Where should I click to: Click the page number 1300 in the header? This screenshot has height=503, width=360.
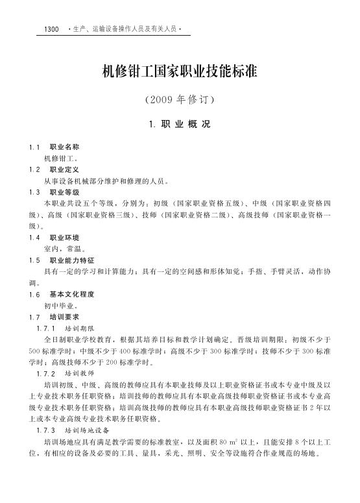(x=51, y=30)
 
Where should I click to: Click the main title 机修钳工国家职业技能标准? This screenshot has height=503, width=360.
(x=180, y=71)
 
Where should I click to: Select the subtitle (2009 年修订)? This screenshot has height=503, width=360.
(x=180, y=101)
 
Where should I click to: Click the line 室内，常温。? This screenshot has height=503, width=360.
(x=63, y=249)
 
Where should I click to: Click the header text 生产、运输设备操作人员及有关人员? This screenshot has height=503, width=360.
(x=124, y=30)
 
